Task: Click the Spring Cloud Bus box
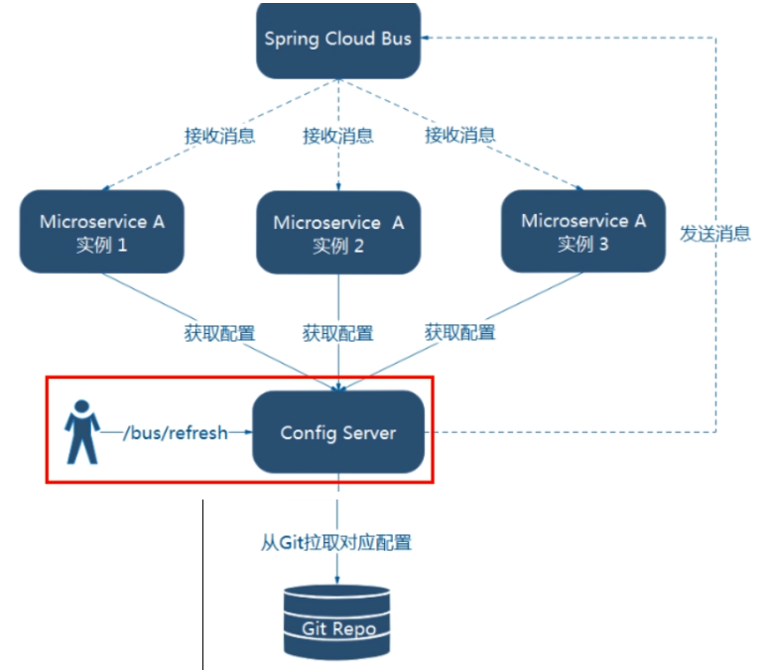pos(337,40)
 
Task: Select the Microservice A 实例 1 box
pos(102,232)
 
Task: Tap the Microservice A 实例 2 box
pos(338,233)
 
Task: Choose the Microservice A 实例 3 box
pos(582,231)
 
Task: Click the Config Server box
pos(338,432)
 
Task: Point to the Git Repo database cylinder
pos(338,616)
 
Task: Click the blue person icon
pos(81,432)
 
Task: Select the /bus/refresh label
pos(175,432)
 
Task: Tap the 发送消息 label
pos(714,234)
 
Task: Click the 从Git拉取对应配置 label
pos(336,542)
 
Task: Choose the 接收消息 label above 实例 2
pos(338,136)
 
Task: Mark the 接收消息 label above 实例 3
pos(460,135)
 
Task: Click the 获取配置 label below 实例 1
pos(219,333)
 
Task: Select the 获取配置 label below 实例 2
pos(338,333)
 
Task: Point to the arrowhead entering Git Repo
pos(338,580)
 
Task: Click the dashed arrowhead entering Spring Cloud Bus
pos(426,39)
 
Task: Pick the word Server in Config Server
pos(369,433)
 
